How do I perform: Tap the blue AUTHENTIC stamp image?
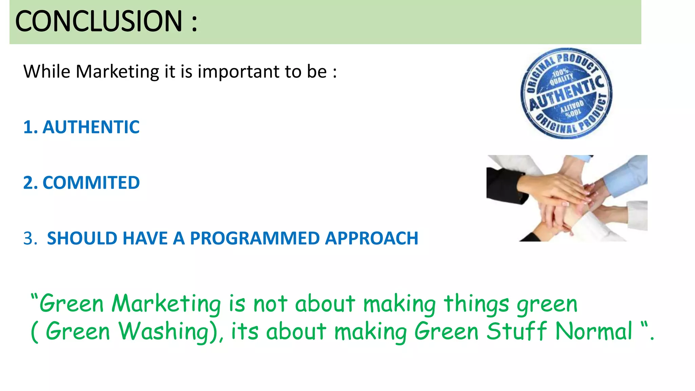coord(566,93)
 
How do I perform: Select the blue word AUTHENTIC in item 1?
coord(91,127)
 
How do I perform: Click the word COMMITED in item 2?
coord(91,183)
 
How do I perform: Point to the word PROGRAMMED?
coord(255,238)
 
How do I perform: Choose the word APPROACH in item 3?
coord(372,238)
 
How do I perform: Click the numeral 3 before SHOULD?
coord(30,238)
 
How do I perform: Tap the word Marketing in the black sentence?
coord(117,72)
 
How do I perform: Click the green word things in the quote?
coord(476,303)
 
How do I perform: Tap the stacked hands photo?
coord(567,198)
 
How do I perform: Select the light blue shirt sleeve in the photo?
coord(628,176)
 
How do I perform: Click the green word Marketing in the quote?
coord(166,303)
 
